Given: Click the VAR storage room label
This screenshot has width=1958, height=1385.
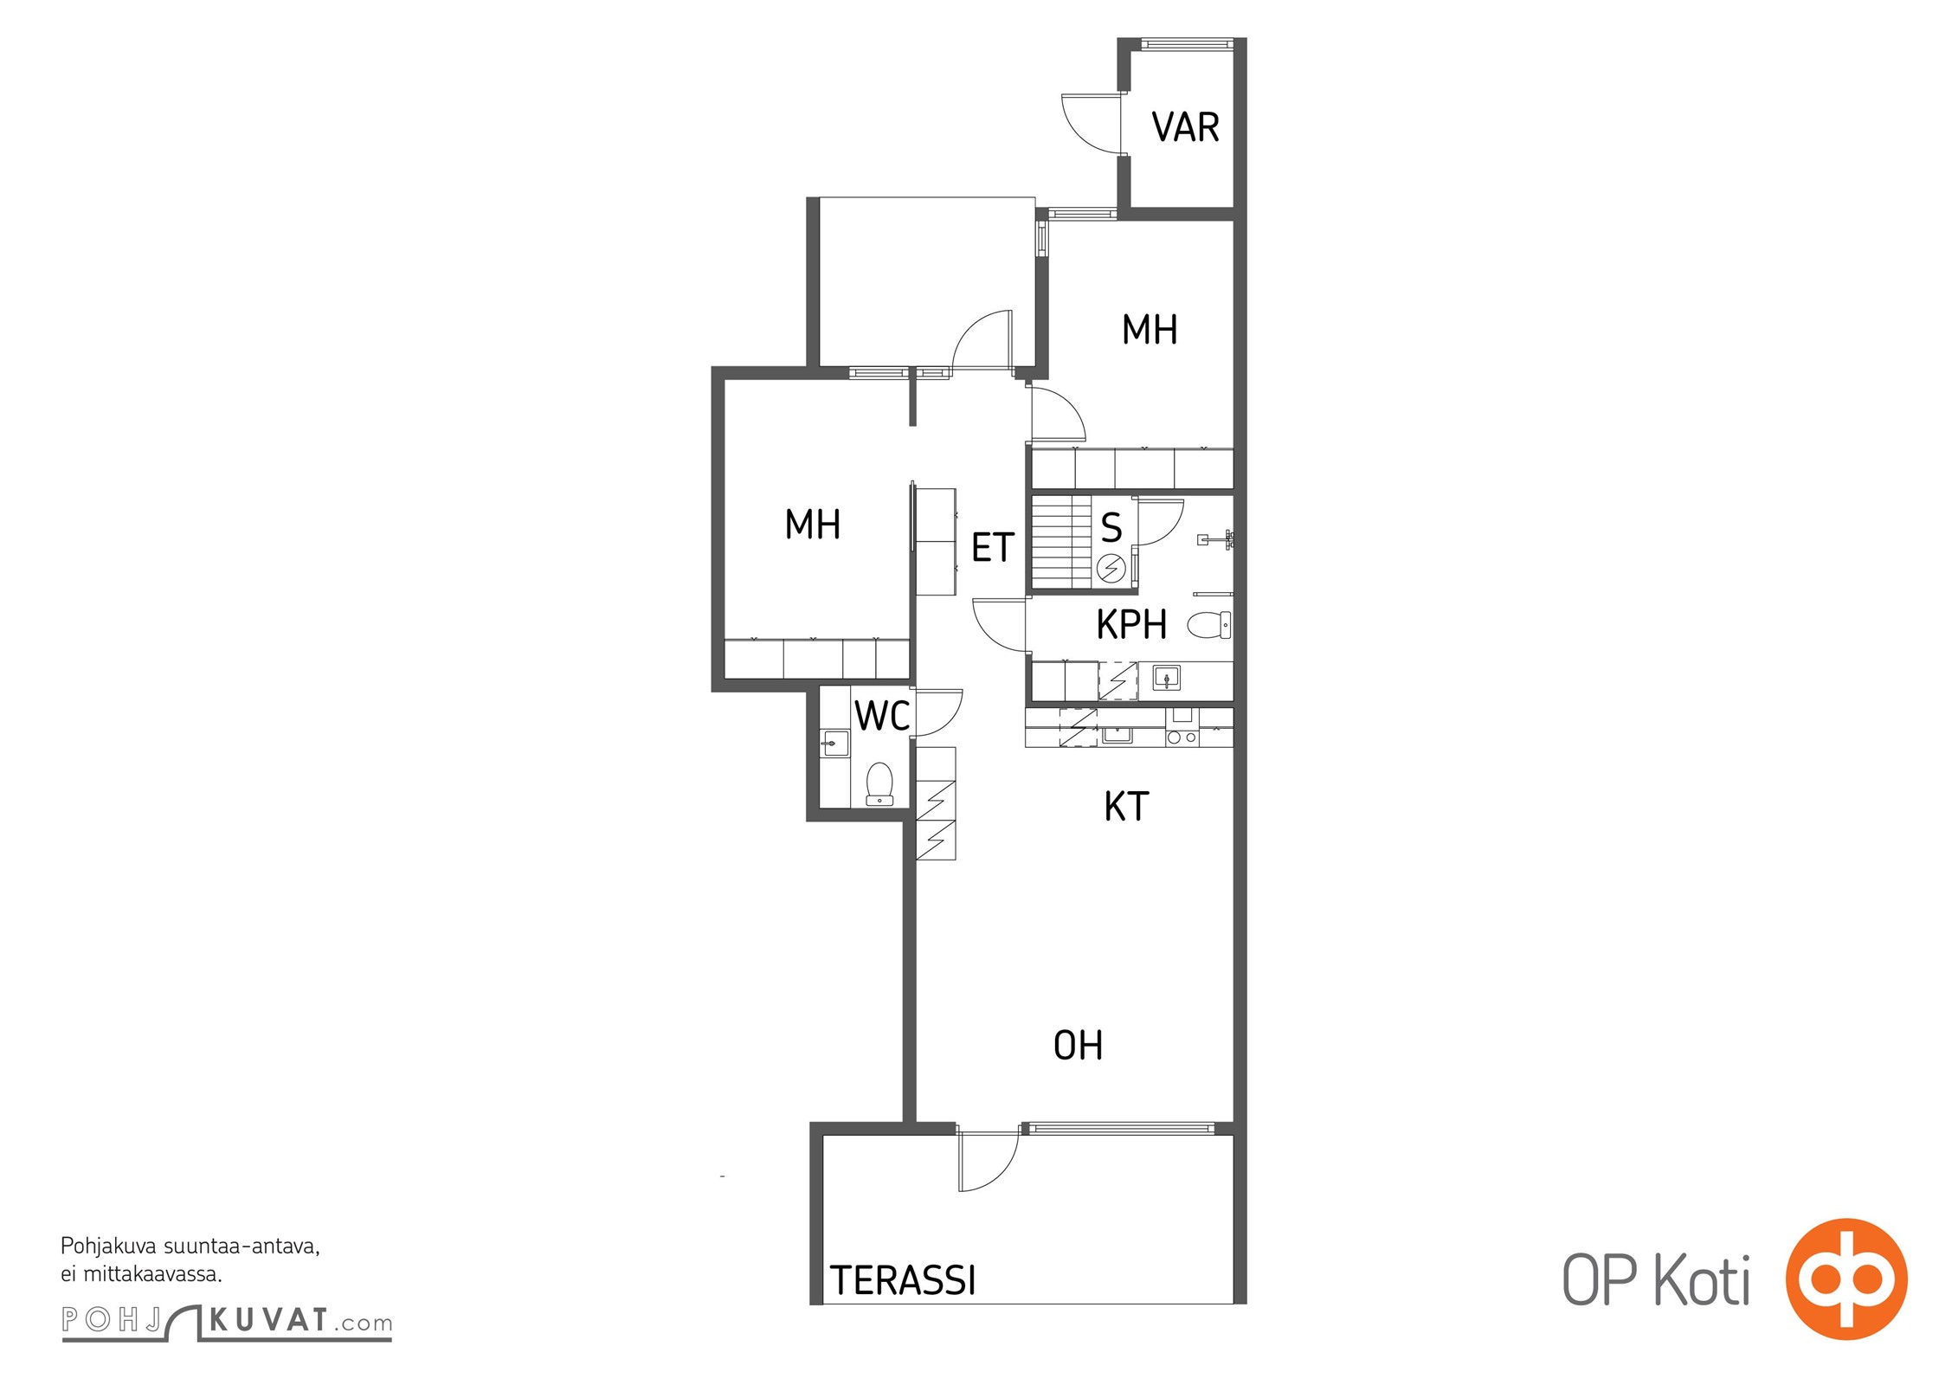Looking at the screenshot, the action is tap(1185, 127).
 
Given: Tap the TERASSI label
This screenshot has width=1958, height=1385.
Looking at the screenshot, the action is tap(903, 1280).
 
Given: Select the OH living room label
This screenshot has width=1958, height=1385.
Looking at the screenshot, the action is tap(1078, 1046).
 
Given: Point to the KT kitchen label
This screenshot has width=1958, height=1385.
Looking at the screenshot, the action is tap(1126, 806).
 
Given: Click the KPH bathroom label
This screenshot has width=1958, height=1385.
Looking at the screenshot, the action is tap(1131, 624).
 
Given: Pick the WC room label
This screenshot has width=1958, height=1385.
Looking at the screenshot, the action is tap(882, 716).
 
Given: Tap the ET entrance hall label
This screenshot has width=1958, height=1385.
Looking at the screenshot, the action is tap(993, 547).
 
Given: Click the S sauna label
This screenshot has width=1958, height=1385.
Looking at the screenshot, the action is tap(1111, 527).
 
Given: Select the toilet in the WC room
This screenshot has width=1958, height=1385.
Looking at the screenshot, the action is tap(879, 783).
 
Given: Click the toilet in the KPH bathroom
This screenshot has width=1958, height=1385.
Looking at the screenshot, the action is tap(1209, 624).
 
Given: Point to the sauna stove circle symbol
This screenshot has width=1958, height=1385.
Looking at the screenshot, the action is tap(1111, 569).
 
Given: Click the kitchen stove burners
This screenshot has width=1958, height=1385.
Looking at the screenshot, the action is tap(1182, 738).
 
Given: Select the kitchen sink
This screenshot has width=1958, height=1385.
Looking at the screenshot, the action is tap(1116, 736).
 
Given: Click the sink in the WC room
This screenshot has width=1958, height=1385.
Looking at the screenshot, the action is tap(835, 744).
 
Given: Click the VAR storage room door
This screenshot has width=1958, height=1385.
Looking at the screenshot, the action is tap(1092, 125).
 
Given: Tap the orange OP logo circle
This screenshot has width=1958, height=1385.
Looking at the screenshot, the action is tap(1846, 1279).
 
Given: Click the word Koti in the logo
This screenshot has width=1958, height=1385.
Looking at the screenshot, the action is tap(1703, 1279).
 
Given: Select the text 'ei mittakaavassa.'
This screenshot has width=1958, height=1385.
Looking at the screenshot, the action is tap(141, 1274).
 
